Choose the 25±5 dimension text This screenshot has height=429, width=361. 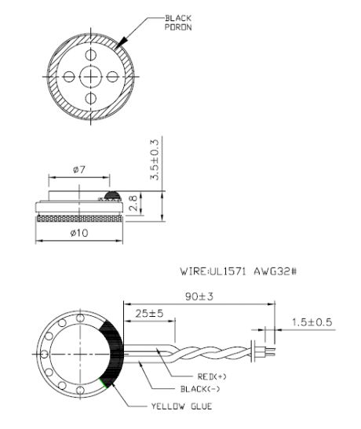pyautogui.click(x=155, y=314)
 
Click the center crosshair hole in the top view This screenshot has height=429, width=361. pyautogui.click(x=91, y=76)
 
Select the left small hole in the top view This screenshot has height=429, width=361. pyautogui.click(x=69, y=76)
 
